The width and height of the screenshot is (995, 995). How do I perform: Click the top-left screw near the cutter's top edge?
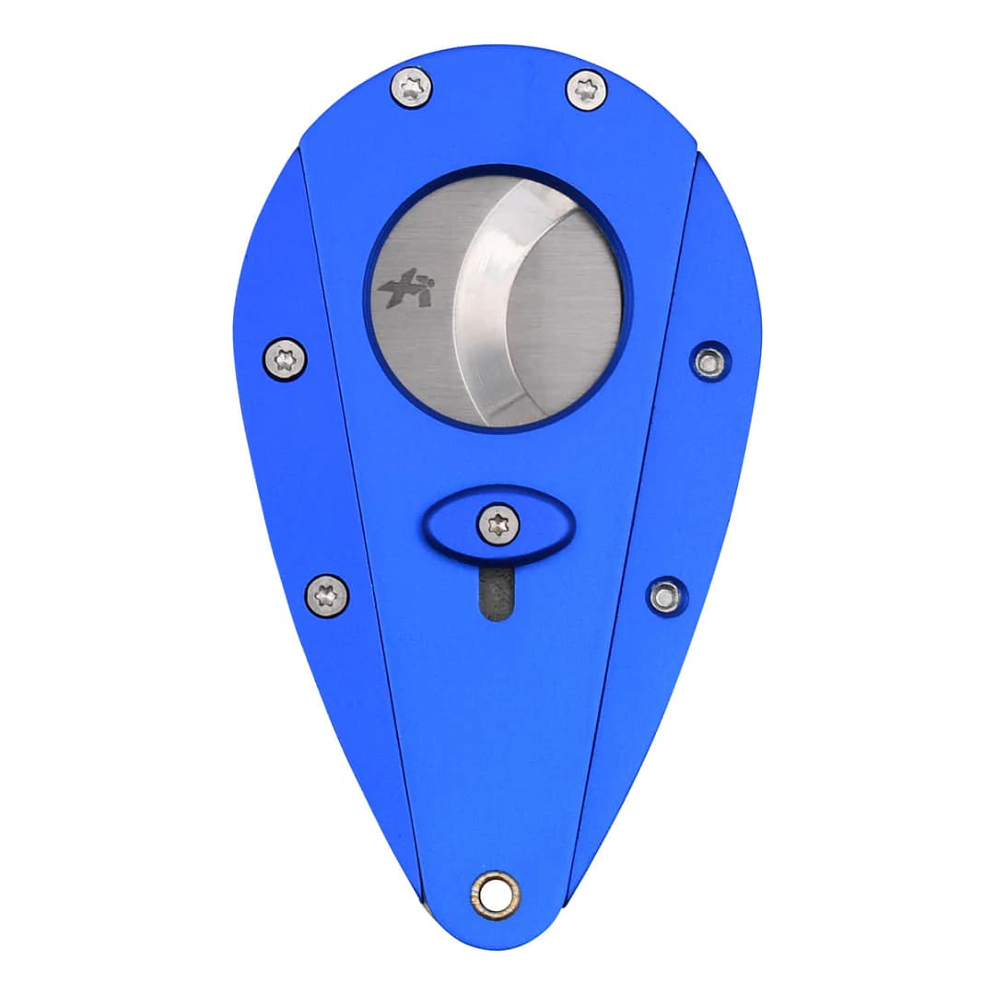click(411, 88)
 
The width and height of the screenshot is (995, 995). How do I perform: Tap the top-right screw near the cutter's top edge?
click(586, 90)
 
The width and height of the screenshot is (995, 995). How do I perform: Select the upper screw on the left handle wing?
click(285, 358)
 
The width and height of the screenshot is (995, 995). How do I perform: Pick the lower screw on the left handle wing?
click(327, 594)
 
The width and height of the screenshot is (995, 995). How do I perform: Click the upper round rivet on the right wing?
click(709, 362)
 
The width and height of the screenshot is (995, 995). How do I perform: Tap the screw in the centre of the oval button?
click(498, 525)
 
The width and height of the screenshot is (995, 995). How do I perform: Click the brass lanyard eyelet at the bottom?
click(495, 893)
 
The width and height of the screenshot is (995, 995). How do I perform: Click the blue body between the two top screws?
click(497, 101)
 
